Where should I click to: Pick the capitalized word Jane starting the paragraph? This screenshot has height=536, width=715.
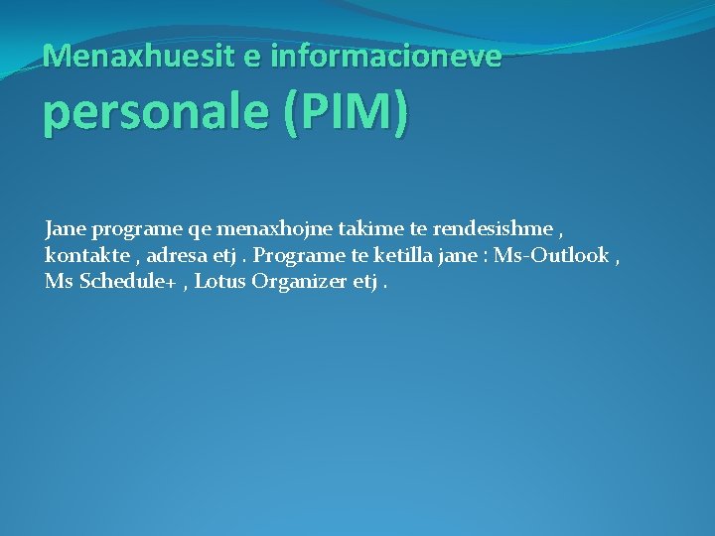coord(65,229)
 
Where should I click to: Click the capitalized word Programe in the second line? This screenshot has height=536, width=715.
coord(297,255)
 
